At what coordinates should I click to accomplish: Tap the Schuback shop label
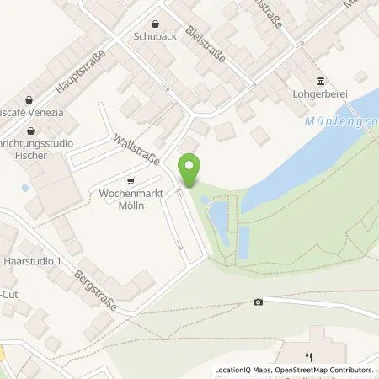(x=154, y=37)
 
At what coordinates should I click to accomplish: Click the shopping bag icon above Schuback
(x=154, y=24)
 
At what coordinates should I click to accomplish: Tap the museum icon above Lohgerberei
(x=320, y=81)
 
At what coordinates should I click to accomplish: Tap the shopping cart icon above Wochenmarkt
(x=130, y=180)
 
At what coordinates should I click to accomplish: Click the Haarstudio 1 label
(x=35, y=262)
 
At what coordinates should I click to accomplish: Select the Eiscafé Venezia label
(x=30, y=112)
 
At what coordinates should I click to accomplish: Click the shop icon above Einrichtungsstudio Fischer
(x=31, y=131)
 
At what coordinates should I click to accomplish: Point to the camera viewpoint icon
(x=258, y=302)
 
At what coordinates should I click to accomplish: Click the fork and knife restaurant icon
(x=310, y=355)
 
